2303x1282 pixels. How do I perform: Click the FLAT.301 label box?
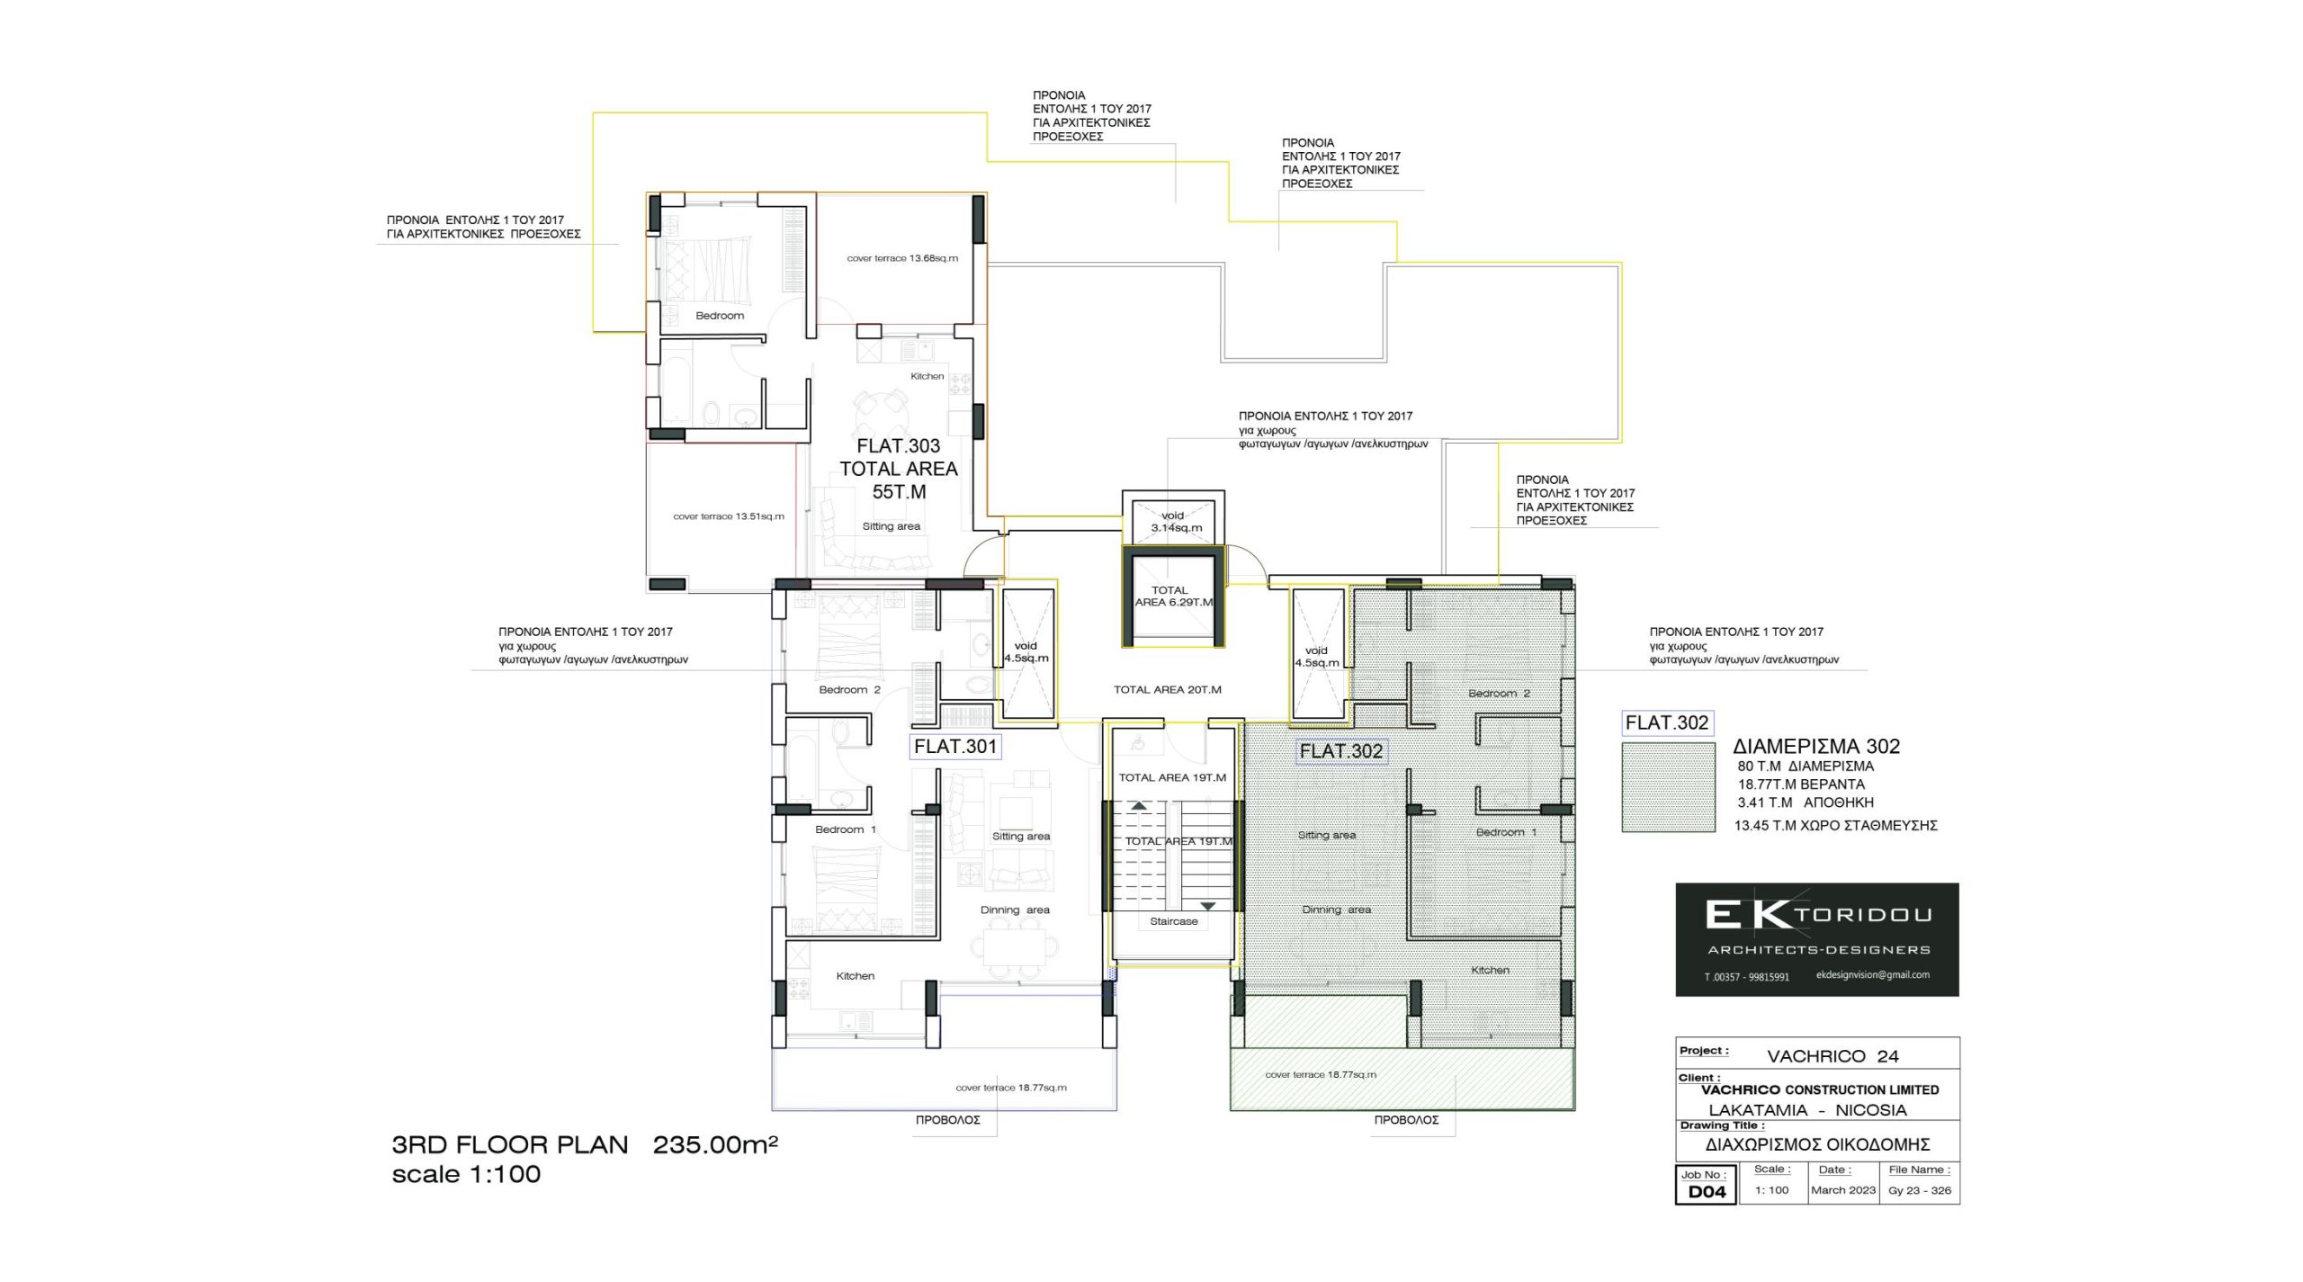[x=955, y=747]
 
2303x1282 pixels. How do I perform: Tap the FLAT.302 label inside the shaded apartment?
[x=1340, y=751]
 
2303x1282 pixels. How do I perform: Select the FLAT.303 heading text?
[x=898, y=446]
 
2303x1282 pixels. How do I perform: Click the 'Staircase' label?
[x=1174, y=921]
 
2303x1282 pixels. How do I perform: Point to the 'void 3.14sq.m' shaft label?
[x=1176, y=522]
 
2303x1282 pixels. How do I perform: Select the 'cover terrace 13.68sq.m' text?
[x=902, y=258]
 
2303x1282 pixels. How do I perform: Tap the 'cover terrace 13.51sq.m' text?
[x=729, y=516]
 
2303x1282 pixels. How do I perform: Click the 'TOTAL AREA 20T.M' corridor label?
[x=1168, y=690]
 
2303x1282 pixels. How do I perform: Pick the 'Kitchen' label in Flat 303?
[x=927, y=376]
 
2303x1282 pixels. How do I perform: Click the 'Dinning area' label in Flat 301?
[x=1015, y=910]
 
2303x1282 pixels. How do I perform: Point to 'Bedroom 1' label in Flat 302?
[x=1506, y=832]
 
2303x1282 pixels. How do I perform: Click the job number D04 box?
[x=1707, y=1184]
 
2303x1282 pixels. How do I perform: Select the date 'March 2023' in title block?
[x=1843, y=1189]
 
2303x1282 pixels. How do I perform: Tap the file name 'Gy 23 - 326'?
[x=1920, y=1189]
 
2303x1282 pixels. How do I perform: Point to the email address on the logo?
[x=1873, y=974]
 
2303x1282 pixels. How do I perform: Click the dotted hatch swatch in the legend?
[x=1668, y=787]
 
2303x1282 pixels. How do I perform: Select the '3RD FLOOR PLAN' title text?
[x=510, y=1145]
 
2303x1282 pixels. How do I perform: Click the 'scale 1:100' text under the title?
[x=466, y=1174]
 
